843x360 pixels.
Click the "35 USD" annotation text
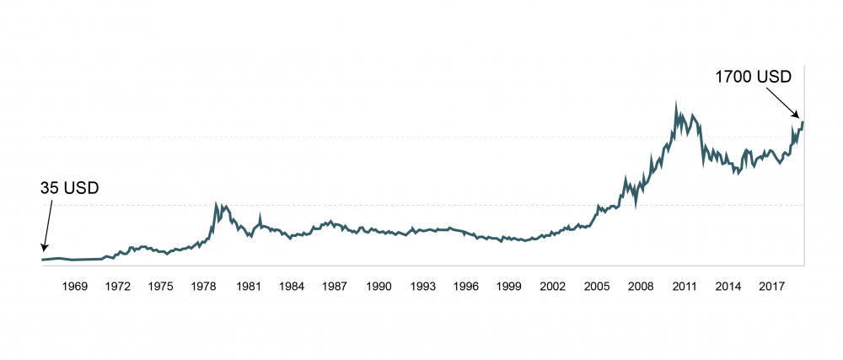tap(70, 187)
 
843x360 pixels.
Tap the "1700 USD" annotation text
tap(754, 77)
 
